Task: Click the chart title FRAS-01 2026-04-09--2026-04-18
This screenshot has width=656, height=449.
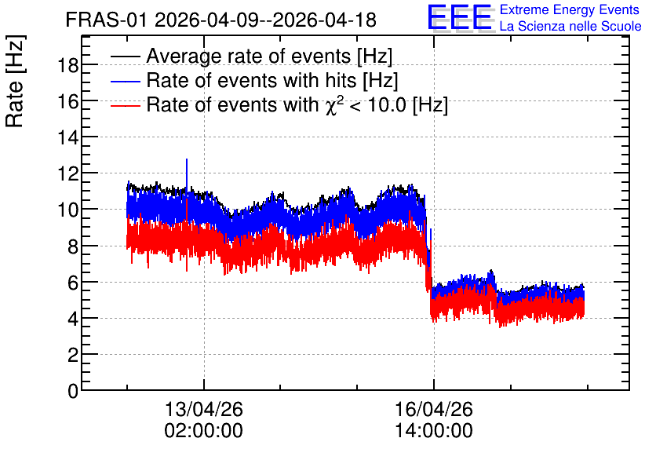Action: point(221,20)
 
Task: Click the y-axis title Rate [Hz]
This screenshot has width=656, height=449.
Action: point(15,81)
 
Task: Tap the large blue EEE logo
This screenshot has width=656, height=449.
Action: point(460,17)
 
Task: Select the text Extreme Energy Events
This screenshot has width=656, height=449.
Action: point(570,9)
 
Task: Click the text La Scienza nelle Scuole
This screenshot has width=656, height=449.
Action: point(570,26)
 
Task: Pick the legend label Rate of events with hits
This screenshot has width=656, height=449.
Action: point(272,80)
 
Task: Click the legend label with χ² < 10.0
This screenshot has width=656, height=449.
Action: point(297,104)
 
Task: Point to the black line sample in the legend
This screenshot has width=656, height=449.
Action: point(125,57)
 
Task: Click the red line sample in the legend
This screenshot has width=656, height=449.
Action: point(125,105)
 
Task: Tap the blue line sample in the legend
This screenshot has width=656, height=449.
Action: point(125,81)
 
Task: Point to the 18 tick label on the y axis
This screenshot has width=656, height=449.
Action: point(67,65)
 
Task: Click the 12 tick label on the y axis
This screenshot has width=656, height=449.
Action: point(67,173)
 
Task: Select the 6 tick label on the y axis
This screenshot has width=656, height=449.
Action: point(73,283)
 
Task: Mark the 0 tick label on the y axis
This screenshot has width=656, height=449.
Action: point(73,391)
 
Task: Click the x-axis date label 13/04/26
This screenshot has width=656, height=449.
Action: point(204,409)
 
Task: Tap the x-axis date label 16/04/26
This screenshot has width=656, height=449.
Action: point(434,409)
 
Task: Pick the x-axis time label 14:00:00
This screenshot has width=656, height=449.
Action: point(434,431)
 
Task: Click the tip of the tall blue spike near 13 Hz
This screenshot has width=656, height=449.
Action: point(187,159)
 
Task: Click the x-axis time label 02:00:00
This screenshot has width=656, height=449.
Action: point(204,431)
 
